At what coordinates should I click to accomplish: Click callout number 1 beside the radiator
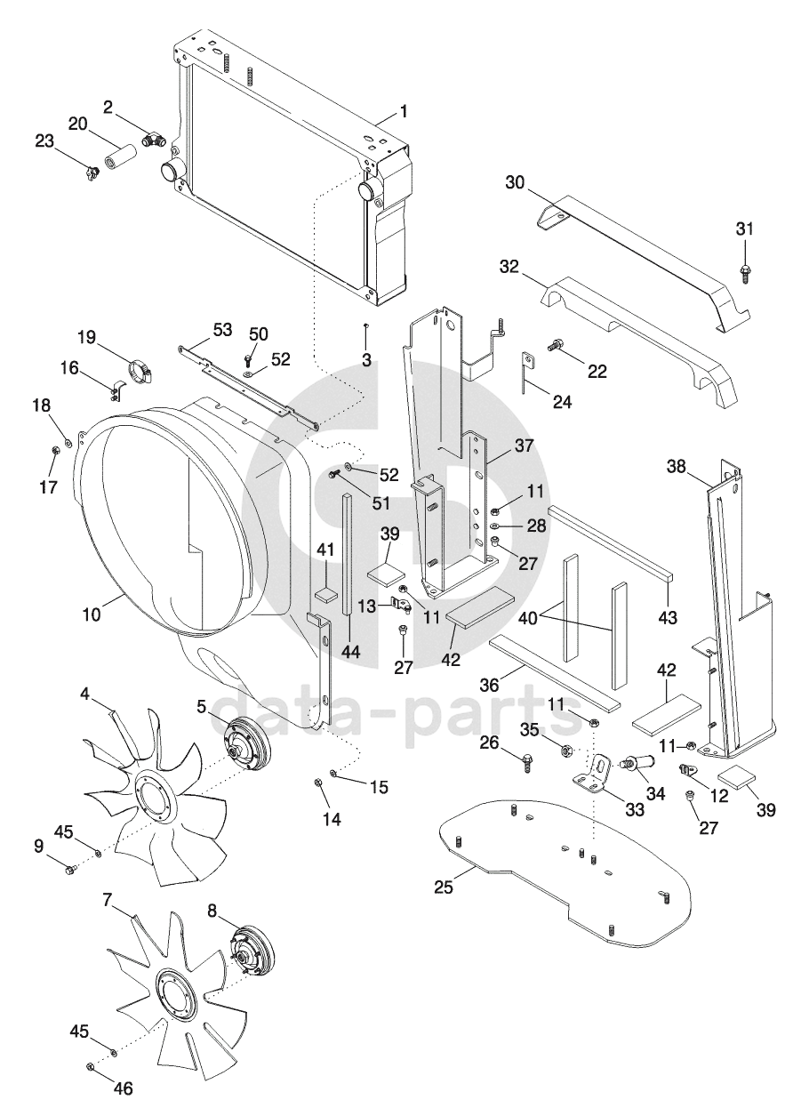coord(404,112)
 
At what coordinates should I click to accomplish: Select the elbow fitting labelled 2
coord(154,140)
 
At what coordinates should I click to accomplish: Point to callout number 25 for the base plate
coord(445,887)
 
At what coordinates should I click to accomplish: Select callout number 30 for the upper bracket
coord(516,182)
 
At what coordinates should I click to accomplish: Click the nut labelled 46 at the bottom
coord(91,1067)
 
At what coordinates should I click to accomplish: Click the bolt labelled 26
coord(527,761)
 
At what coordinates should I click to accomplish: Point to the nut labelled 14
coord(318,783)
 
